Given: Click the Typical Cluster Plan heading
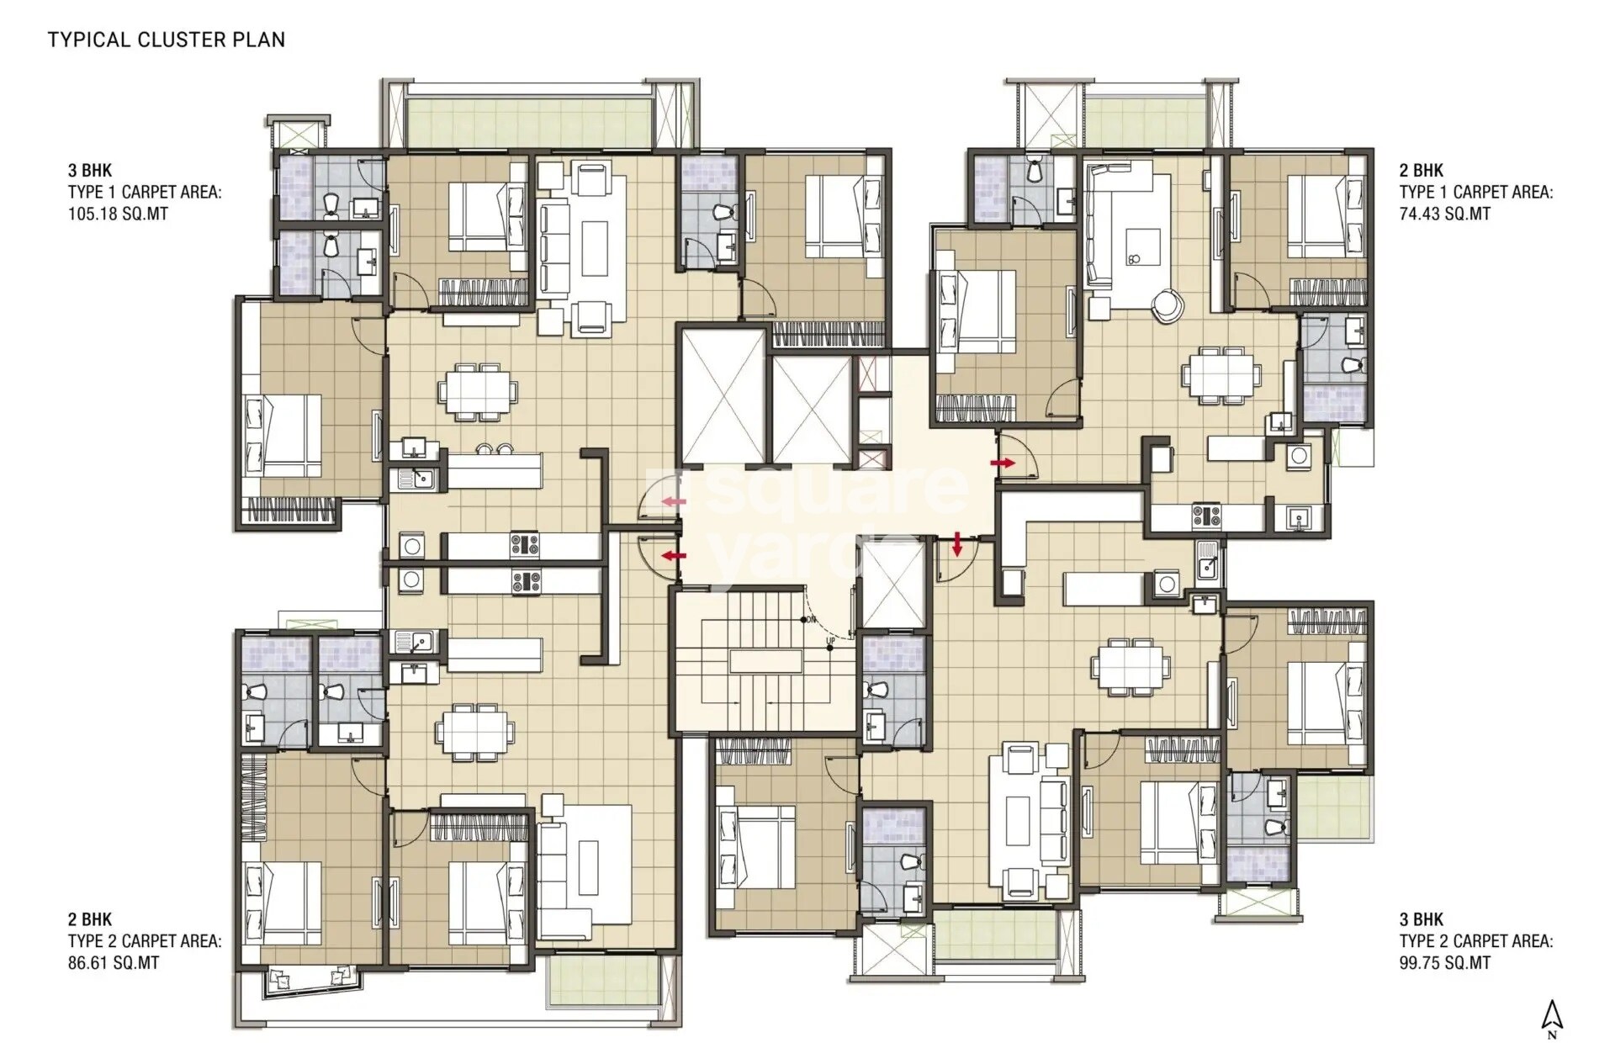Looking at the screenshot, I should (166, 40).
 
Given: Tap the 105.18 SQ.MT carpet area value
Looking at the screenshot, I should (118, 214).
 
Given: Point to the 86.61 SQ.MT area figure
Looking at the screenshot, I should (113, 963).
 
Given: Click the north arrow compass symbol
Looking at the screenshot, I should (1552, 1019).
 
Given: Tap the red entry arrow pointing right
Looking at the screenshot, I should (1002, 463).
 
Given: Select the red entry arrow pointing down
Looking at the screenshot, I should (957, 545).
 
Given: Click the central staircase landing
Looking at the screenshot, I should (765, 661).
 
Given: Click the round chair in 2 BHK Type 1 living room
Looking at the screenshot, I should (1167, 305).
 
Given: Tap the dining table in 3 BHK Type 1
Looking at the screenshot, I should (478, 391).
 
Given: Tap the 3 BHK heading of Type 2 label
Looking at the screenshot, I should (1422, 919).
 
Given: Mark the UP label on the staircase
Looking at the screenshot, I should (830, 641).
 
